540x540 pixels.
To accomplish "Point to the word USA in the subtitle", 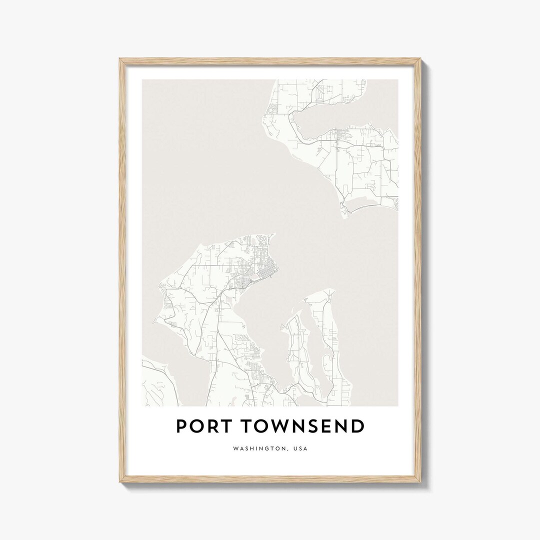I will click(300, 448).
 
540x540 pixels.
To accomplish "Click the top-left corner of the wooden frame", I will click(120, 59).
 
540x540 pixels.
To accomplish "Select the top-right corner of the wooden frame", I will click(420, 59).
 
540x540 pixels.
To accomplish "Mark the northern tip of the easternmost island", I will click(330, 290).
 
